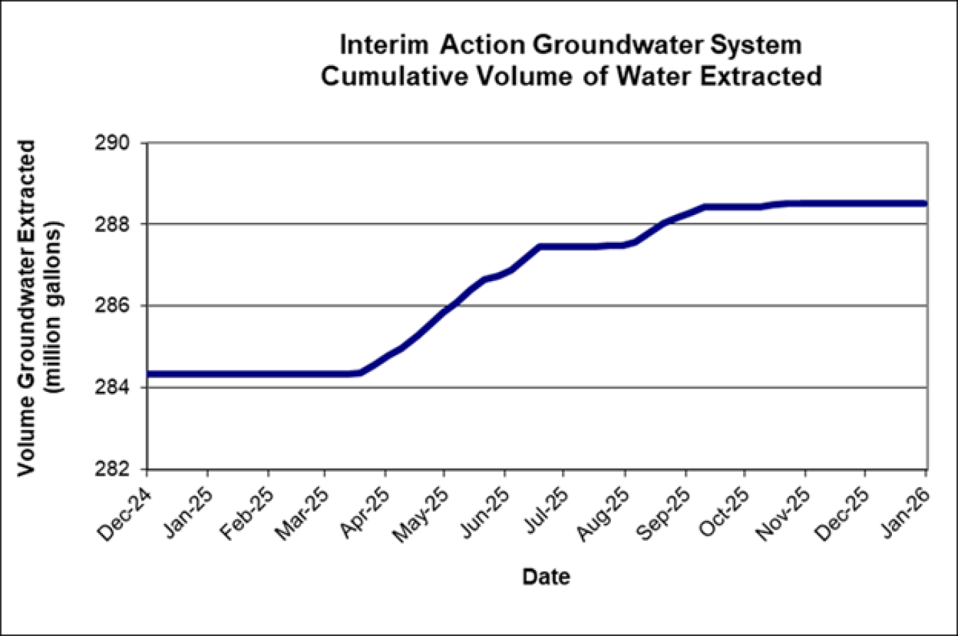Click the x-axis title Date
coord(546,577)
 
